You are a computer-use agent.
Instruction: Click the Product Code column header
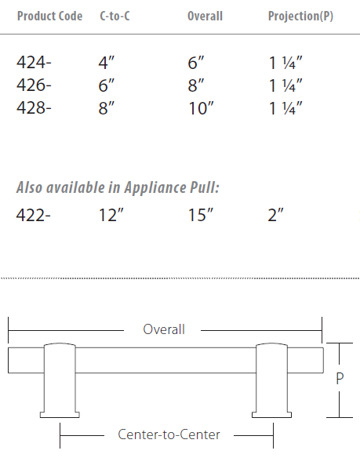click(x=49, y=16)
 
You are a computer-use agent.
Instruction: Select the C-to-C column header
click(x=115, y=16)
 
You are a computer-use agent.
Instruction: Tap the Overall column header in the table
click(x=205, y=16)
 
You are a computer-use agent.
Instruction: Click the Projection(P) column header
click(x=300, y=16)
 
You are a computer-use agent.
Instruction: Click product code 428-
click(x=33, y=107)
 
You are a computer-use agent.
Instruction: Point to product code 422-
click(x=33, y=214)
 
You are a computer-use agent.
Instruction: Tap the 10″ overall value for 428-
click(x=201, y=107)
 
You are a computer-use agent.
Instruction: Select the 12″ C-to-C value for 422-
click(x=112, y=214)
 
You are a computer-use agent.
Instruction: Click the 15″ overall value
click(x=201, y=214)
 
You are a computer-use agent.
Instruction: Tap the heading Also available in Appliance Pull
click(x=118, y=188)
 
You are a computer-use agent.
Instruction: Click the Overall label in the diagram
click(x=164, y=329)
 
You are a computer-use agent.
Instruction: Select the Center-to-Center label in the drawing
click(x=169, y=434)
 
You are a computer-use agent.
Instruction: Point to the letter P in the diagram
click(x=340, y=378)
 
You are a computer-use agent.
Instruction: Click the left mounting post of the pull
click(x=60, y=380)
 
